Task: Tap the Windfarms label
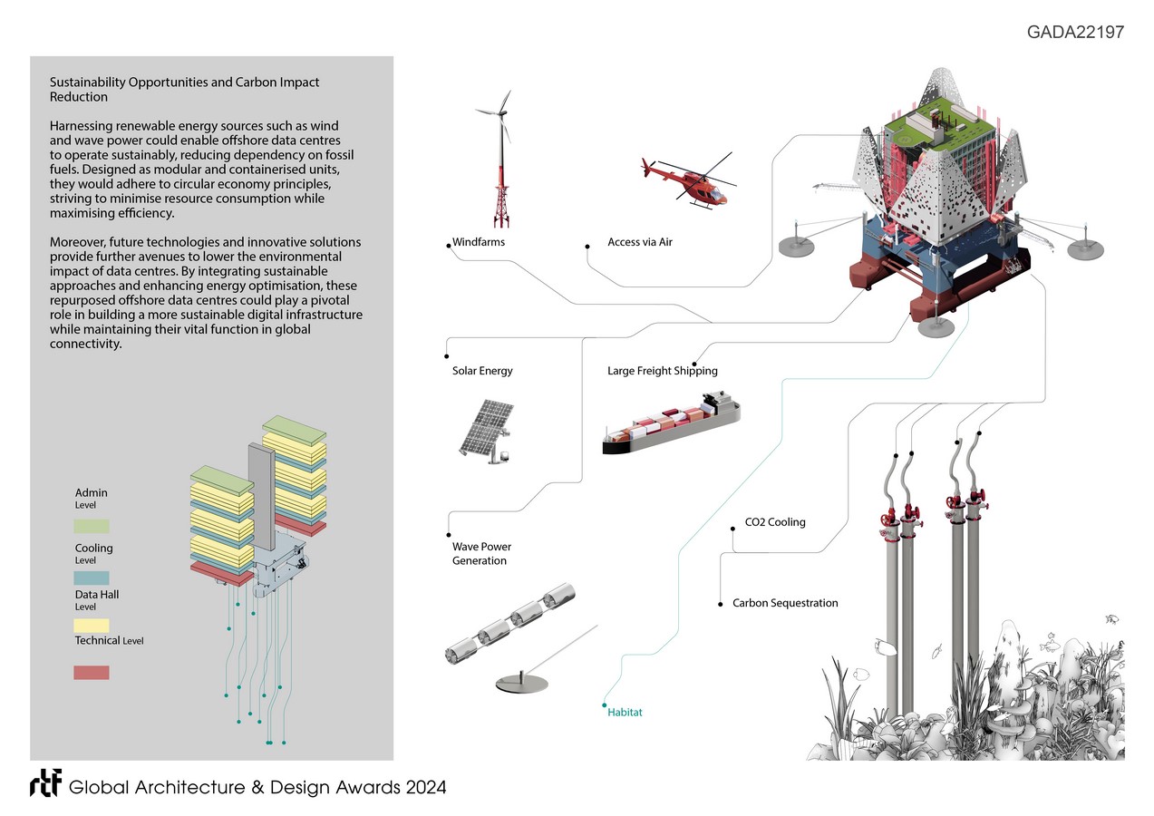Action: click(x=479, y=243)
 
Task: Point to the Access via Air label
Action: click(x=640, y=243)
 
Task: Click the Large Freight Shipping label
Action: click(x=662, y=371)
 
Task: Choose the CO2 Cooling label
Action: click(x=775, y=522)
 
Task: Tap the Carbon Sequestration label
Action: click(x=785, y=603)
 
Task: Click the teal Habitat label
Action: click(x=625, y=713)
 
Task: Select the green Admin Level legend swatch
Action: click(x=92, y=526)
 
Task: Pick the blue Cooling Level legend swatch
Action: click(x=92, y=578)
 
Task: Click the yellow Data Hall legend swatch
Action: click(x=92, y=626)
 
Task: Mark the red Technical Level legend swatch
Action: click(x=92, y=673)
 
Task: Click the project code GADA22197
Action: click(x=1075, y=33)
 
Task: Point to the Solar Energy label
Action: click(x=482, y=371)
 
